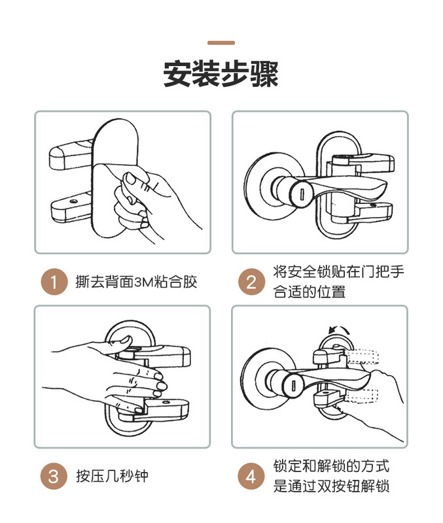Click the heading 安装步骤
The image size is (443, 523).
(x=221, y=74)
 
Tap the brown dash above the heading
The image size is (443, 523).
(x=221, y=42)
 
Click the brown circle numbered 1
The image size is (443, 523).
(x=54, y=282)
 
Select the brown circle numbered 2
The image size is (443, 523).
(x=251, y=282)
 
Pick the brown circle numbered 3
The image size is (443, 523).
(x=54, y=476)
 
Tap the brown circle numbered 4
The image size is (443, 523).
(x=251, y=476)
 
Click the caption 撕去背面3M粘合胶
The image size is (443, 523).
(x=136, y=282)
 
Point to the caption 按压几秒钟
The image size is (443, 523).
(x=112, y=476)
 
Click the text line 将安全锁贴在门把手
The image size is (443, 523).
(x=338, y=271)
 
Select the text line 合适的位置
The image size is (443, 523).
(x=309, y=292)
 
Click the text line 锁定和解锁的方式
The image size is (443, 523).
(x=331, y=465)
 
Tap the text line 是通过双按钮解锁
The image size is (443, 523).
(x=331, y=486)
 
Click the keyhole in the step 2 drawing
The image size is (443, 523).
(x=302, y=194)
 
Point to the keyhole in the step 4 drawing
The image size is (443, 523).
(x=293, y=386)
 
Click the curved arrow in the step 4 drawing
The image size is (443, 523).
(x=339, y=329)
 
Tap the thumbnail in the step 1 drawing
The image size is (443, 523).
(x=130, y=178)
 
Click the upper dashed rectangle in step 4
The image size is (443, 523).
(x=363, y=356)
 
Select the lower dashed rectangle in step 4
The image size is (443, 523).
(x=361, y=396)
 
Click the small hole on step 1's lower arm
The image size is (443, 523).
(x=74, y=201)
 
